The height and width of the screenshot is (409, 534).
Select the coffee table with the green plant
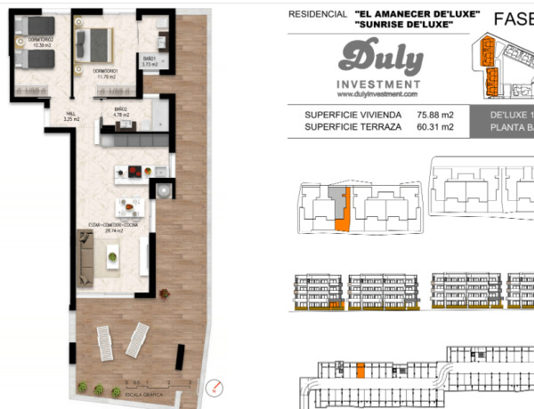[x=113, y=258]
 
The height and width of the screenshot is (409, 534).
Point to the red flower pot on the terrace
[x=164, y=293]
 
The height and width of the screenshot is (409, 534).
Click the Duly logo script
[x=380, y=59]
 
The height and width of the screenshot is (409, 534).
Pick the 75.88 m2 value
[x=435, y=115]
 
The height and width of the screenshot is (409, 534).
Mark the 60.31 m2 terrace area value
[x=435, y=127]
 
